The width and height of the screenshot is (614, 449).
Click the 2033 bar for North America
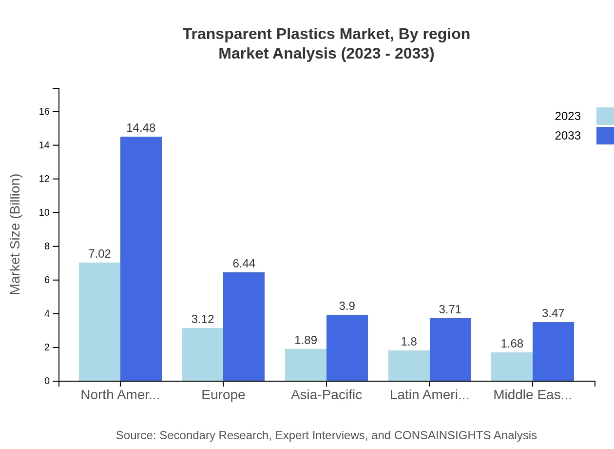pos(141,259)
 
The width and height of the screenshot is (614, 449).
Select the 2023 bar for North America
pos(99,322)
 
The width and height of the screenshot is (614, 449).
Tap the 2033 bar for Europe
pos(244,327)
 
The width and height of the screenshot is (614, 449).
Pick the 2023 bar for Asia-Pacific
pos(306,365)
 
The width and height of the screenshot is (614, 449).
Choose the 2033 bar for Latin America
pos(450,349)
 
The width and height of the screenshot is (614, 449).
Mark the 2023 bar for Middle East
pos(512,367)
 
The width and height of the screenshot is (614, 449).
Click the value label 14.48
pos(141,128)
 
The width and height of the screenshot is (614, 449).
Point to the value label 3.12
pos(203,319)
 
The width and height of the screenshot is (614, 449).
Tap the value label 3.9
pos(347,306)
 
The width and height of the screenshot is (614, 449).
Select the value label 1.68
pos(512,344)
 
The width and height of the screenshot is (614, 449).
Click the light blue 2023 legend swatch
pos(605,116)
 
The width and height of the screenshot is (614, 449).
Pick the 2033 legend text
pos(568,136)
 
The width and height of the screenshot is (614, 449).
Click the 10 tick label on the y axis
pos(44,213)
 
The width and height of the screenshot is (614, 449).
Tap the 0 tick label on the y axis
pos(47,381)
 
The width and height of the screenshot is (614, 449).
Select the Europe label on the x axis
pos(223,395)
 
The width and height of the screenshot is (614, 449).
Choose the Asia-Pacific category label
pos(326,395)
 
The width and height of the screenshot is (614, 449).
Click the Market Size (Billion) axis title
pos(16,234)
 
